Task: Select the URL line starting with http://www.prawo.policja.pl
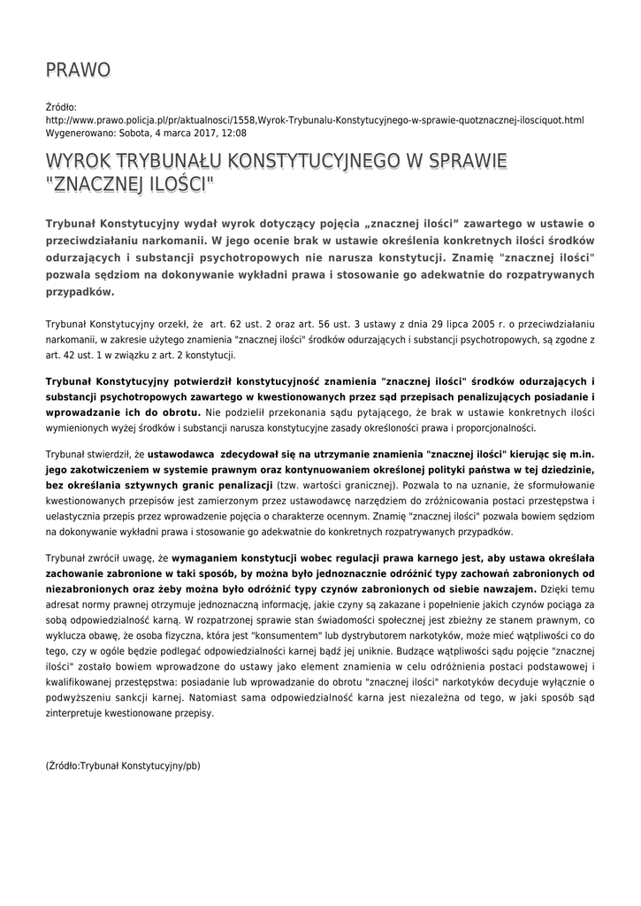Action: [314, 119]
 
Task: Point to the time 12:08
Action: [234, 133]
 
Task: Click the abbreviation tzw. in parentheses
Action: [289, 487]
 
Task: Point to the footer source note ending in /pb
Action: [123, 765]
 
